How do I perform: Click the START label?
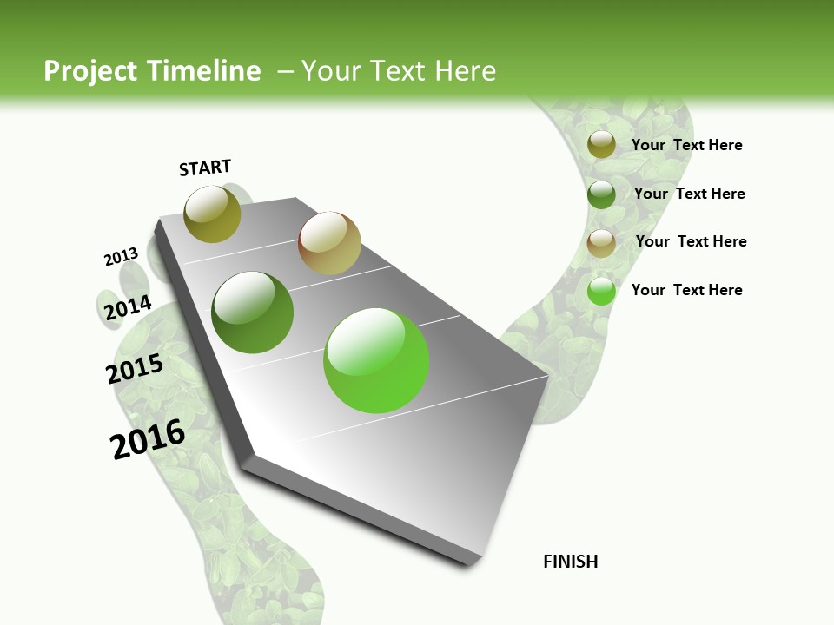click(205, 168)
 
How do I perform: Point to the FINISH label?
click(571, 562)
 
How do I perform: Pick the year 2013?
click(121, 257)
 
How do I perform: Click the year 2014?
click(128, 308)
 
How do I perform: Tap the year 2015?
click(135, 369)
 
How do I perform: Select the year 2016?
click(148, 439)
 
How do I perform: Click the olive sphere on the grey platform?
click(212, 214)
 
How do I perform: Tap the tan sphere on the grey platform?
click(329, 243)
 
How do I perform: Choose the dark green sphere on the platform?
click(253, 312)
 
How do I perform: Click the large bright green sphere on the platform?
click(376, 360)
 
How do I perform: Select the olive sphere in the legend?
click(601, 145)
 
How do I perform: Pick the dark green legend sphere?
click(601, 194)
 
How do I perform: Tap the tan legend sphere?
click(601, 243)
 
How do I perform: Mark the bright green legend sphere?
click(601, 291)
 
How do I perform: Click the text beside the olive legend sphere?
click(686, 145)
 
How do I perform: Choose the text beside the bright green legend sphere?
click(686, 290)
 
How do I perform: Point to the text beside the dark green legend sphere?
click(689, 194)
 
